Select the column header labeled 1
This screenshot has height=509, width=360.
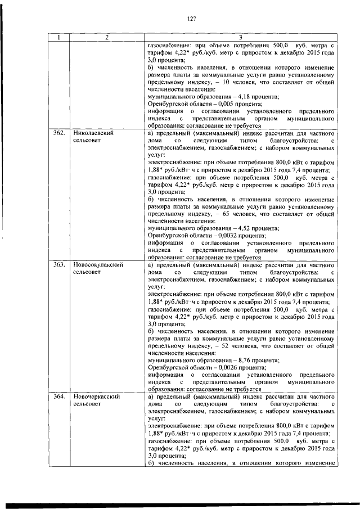pos(58,37)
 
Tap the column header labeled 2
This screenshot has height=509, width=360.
pos(106,37)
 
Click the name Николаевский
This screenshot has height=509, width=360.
pos(93,133)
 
